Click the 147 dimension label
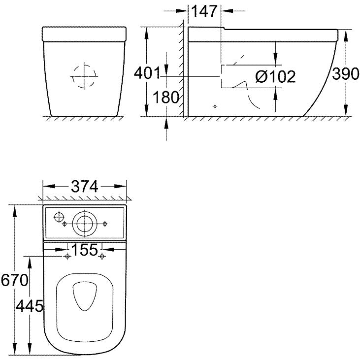(204, 11)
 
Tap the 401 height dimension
(147, 73)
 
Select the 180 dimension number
(165, 97)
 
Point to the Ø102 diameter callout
(275, 76)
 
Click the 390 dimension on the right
(346, 73)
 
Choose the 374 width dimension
(85, 186)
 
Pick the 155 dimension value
(85, 250)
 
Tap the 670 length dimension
(14, 280)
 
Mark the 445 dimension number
(30, 306)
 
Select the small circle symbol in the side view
(215, 106)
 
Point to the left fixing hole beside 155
(67, 256)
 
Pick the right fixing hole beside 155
(102, 256)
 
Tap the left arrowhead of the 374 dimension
(49, 186)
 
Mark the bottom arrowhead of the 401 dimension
(146, 110)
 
